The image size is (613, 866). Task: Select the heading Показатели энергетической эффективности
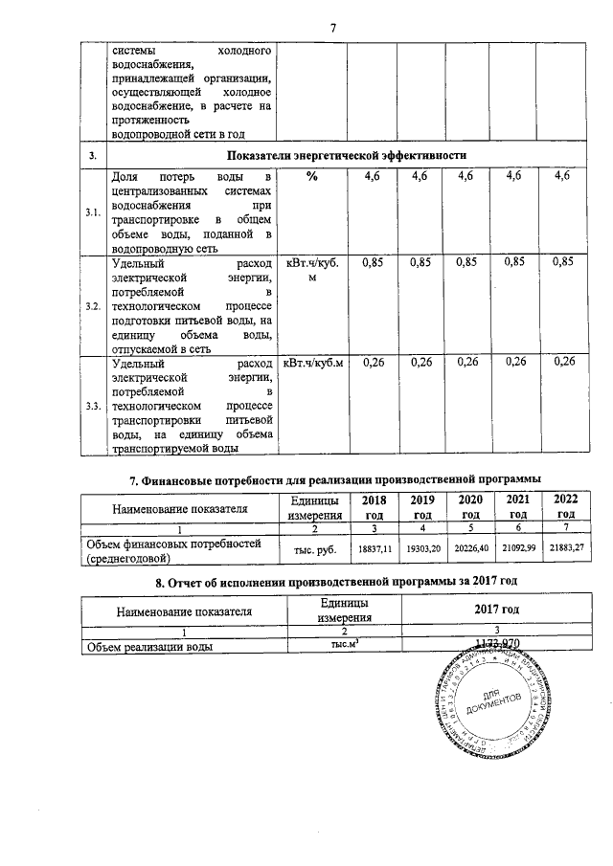(346, 154)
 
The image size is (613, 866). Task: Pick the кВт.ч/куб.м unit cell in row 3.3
(312, 363)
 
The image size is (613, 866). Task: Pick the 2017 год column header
(497, 609)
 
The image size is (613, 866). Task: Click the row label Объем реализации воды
(148, 646)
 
